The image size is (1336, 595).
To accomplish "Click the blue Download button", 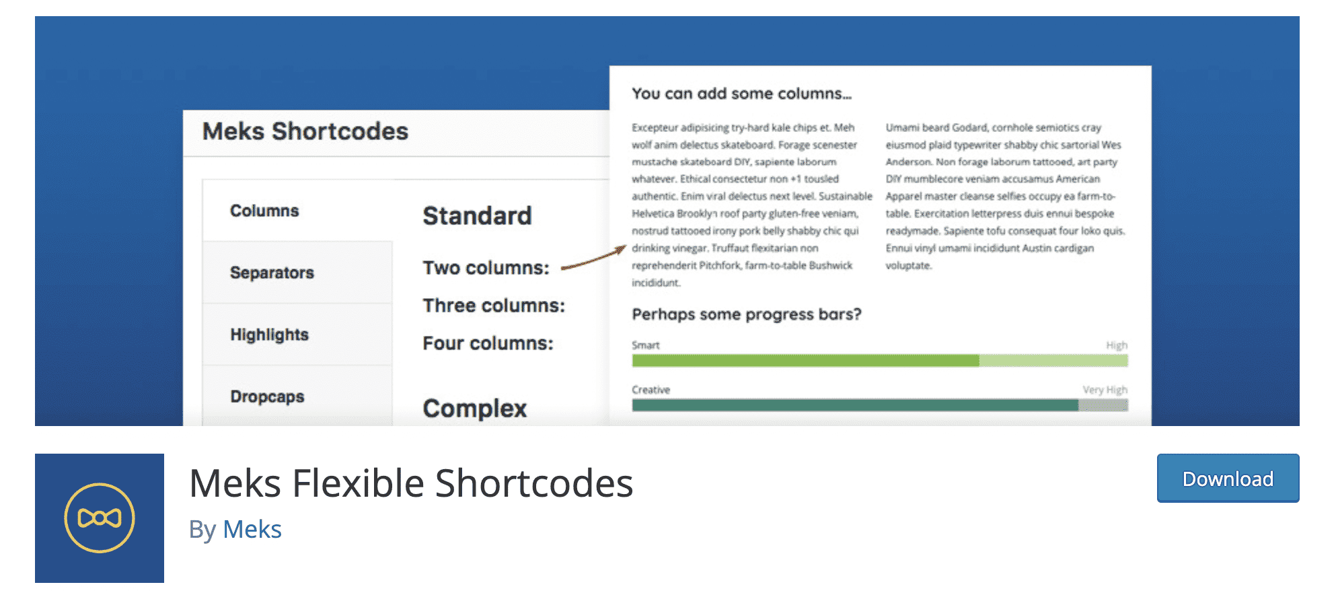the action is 1228,478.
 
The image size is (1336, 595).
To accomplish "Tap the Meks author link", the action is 252,530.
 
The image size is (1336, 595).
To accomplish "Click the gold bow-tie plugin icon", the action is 100,518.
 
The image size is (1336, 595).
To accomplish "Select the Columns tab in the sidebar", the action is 264,211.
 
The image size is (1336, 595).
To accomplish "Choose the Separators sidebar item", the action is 272,273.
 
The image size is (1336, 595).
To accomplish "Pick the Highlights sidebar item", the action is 269,335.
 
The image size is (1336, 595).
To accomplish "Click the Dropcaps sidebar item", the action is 267,396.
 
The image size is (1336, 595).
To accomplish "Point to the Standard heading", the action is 477,216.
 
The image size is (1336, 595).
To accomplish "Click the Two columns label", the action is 486,268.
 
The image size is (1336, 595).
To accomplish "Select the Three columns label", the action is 494,306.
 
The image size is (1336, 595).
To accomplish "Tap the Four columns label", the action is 488,343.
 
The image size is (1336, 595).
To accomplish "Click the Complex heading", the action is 474,409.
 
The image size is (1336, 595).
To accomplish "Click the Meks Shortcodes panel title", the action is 305,131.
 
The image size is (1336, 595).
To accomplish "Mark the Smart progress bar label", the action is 646,345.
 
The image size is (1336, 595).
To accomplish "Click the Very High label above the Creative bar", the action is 1105,390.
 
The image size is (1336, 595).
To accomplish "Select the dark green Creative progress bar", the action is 855,405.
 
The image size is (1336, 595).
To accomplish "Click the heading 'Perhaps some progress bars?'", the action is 747,314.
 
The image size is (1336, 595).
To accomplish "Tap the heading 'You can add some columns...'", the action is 741,94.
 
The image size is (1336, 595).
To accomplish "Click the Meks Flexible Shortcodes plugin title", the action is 411,483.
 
